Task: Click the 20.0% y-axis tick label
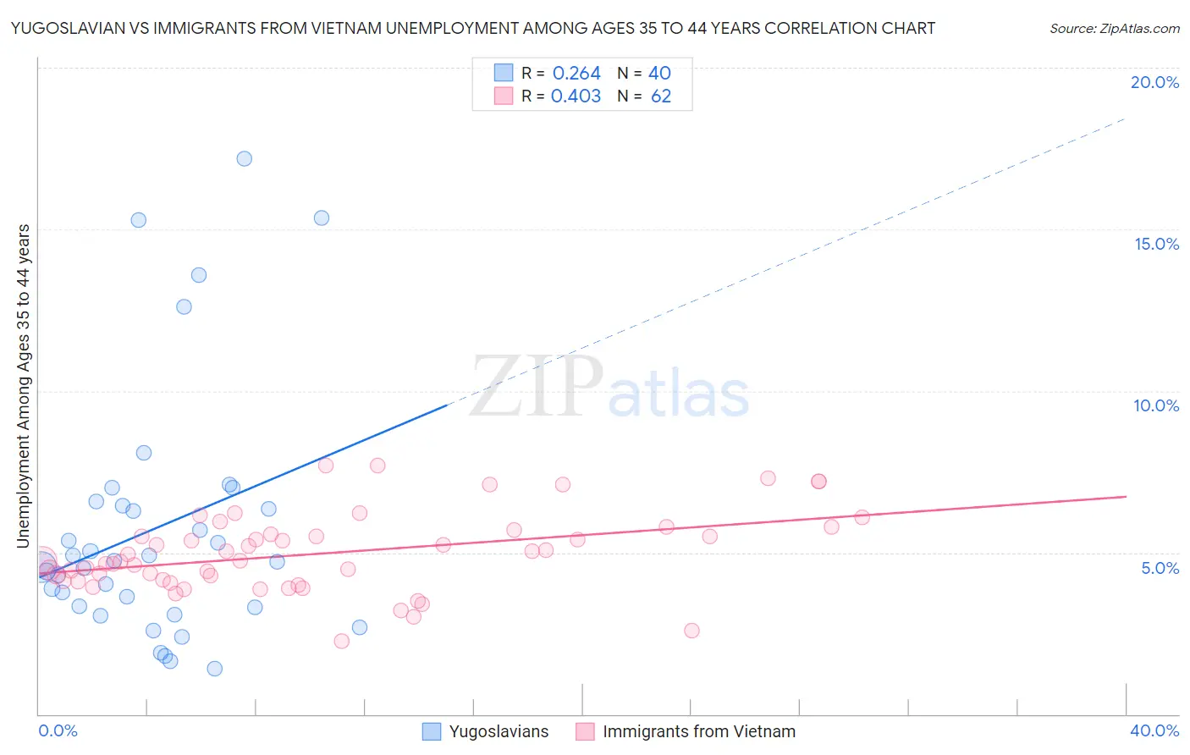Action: [1154, 82]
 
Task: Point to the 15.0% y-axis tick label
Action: [1156, 244]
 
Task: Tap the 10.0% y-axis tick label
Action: [1156, 405]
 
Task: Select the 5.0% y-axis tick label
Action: [1160, 568]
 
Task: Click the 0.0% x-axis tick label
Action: [58, 730]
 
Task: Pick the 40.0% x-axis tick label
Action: [1154, 730]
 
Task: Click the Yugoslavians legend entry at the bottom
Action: [499, 731]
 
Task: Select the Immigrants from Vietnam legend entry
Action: [698, 731]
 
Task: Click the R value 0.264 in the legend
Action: [576, 74]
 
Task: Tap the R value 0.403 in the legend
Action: [576, 96]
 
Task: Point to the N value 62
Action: [661, 96]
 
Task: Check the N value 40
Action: [659, 74]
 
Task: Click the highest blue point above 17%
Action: [245, 158]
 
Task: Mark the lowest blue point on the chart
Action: [215, 669]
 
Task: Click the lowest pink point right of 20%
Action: [691, 631]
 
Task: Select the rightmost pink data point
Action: [862, 517]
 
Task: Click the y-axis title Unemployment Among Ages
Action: [24, 385]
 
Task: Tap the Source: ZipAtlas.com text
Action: [1114, 29]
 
